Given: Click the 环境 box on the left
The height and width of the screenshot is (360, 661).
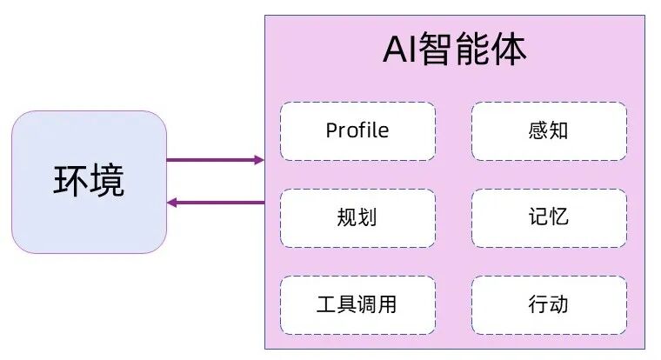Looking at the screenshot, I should point(89,182).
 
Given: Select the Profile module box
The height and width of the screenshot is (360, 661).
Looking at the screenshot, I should point(357,131).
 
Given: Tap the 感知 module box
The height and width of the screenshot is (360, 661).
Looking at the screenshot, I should point(549,131).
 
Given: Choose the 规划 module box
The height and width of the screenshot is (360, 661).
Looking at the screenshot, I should point(357,217).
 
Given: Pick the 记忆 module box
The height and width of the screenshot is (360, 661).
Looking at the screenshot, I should point(549,217).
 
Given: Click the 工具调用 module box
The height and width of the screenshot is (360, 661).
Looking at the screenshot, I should point(357,304).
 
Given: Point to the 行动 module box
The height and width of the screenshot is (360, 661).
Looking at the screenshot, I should point(549,304).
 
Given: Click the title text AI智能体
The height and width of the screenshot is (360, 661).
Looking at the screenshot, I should point(454,51).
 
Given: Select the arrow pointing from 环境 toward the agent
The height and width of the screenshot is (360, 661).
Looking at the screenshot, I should point(213,160).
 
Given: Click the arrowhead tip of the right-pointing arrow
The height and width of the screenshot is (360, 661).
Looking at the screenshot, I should point(261,160).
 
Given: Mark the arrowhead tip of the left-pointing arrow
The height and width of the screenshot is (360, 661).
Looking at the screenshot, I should point(169,203).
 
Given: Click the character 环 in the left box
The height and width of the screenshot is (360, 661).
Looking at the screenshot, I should point(70,182).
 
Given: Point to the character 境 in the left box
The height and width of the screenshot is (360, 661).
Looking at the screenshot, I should point(107,182).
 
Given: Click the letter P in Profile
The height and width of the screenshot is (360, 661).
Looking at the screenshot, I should point(331,131).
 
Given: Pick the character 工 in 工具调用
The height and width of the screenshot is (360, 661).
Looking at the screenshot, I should point(326,304).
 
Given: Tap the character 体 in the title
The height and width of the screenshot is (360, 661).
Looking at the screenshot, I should point(510,51).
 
